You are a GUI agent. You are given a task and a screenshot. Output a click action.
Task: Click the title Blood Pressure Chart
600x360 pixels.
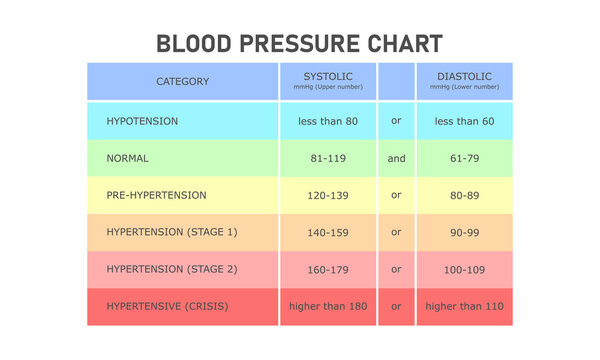pos(299,44)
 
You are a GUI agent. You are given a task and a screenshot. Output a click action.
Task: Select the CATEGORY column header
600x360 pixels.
pos(182,82)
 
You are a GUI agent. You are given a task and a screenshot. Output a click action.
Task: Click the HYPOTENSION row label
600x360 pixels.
pos(142,120)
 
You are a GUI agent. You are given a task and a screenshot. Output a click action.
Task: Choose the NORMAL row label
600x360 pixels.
pos(127,158)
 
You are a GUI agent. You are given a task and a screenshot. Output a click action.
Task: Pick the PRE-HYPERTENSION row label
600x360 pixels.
pos(156,195)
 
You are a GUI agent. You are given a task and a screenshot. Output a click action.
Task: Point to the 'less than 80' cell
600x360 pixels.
pos(327,120)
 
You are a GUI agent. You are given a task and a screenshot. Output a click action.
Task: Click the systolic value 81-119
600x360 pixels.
pos(327,158)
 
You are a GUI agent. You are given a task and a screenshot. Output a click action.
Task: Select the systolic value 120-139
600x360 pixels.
pos(327,195)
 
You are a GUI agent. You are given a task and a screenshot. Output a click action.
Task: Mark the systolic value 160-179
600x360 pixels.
pos(327,269)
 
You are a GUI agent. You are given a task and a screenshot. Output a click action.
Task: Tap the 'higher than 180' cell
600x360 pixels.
pos(327,306)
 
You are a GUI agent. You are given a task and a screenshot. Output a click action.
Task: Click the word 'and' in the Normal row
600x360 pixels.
pos(396,158)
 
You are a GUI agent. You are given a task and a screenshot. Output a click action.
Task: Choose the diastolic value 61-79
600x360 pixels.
pos(463,158)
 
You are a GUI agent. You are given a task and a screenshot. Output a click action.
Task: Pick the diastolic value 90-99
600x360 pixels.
pos(463,232)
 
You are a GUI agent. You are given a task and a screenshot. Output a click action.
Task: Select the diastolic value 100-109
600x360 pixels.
pos(463,269)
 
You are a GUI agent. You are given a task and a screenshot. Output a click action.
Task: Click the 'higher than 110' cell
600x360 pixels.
pos(463,306)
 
